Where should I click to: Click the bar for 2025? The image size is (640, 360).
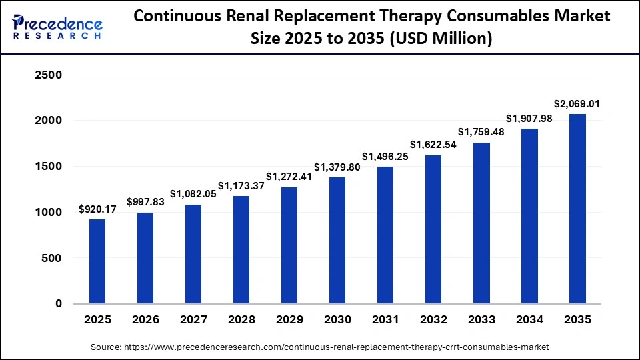(x=97, y=261)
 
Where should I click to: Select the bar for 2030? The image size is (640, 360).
(x=337, y=240)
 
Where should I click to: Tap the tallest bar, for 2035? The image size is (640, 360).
(x=577, y=209)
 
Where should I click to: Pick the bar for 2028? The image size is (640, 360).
(x=241, y=250)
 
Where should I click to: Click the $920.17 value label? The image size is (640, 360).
(x=97, y=209)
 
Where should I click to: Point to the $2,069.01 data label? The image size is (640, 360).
(x=577, y=104)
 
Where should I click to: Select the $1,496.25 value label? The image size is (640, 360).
(x=385, y=157)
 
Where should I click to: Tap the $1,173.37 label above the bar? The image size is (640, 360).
(x=241, y=186)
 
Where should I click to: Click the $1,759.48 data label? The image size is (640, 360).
(x=481, y=131)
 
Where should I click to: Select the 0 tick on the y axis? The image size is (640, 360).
(x=58, y=304)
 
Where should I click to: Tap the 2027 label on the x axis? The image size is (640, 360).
(x=193, y=319)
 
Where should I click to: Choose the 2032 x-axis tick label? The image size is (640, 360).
(x=433, y=319)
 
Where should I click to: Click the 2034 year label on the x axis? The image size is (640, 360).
(x=529, y=319)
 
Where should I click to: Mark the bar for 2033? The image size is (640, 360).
(x=481, y=223)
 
